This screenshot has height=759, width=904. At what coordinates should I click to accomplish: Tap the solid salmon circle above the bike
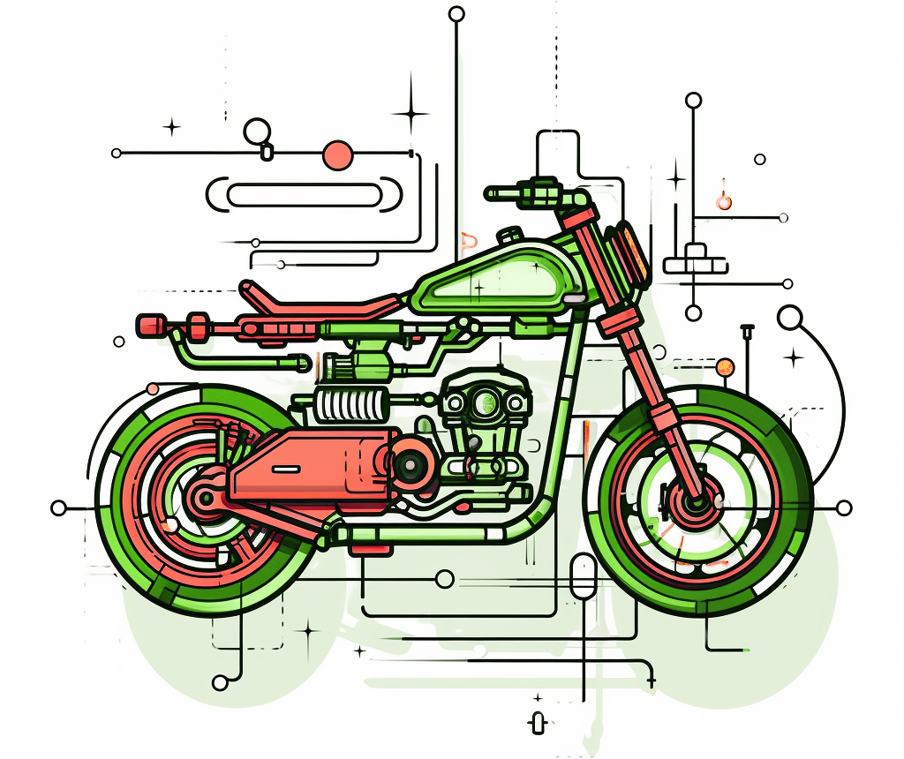click(x=338, y=155)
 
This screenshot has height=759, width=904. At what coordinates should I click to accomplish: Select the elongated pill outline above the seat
click(x=304, y=195)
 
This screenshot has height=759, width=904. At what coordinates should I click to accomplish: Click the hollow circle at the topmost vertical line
click(x=456, y=13)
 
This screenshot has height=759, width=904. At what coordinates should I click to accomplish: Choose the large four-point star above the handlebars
click(x=411, y=112)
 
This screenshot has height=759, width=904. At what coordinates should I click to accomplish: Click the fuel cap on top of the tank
click(x=509, y=237)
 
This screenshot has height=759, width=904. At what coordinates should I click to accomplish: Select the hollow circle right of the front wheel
click(x=844, y=507)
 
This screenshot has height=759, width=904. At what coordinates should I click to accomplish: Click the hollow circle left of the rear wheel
click(x=59, y=507)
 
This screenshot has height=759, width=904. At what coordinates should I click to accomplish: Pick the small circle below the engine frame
click(x=446, y=579)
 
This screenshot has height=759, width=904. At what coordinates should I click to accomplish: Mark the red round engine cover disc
click(x=410, y=462)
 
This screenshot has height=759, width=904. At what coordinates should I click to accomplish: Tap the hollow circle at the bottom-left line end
click(x=221, y=682)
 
